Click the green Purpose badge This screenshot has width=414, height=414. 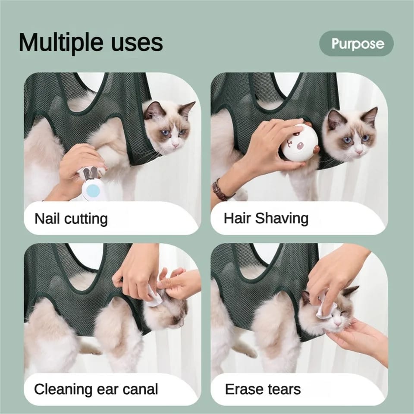(x=356, y=44)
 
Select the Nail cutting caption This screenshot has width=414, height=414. (x=71, y=219)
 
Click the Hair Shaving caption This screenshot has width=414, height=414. (x=266, y=218)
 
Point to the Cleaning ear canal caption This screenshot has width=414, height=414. (x=96, y=389)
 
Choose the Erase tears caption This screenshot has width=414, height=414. (x=262, y=389)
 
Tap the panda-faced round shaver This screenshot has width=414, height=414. (x=299, y=144)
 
